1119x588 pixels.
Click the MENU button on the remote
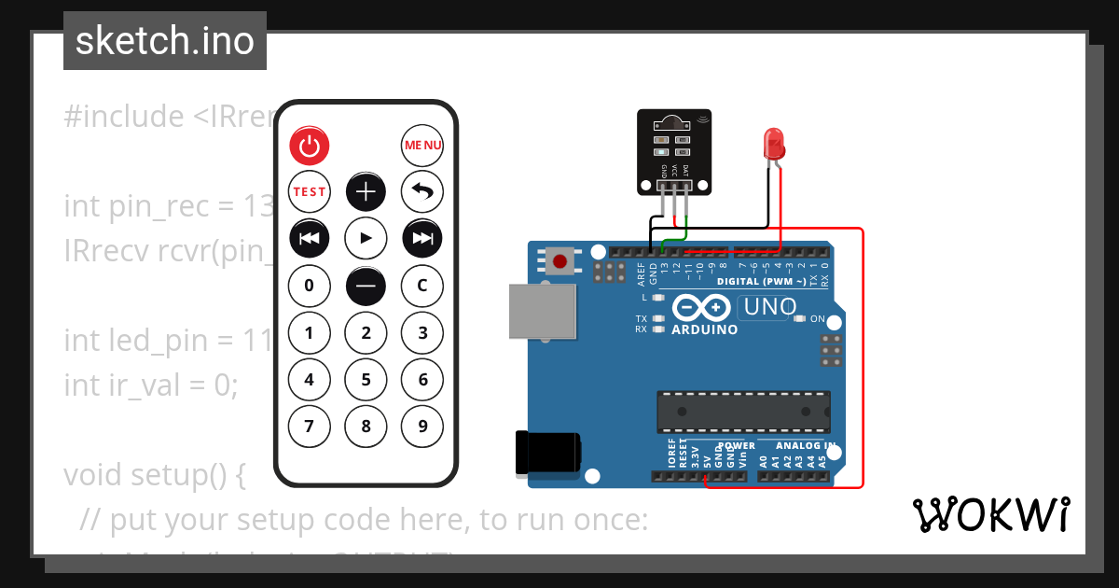click(422, 146)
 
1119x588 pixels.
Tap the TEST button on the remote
click(310, 192)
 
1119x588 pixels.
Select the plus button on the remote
click(366, 192)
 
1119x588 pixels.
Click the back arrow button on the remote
click(422, 192)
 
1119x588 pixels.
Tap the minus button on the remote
click(366, 285)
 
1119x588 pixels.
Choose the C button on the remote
click(422, 285)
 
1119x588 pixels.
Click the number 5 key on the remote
click(366, 380)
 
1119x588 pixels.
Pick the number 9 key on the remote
click(422, 427)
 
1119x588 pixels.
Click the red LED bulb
click(774, 143)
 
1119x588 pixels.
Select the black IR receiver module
click(673, 149)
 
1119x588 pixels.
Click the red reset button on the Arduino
click(561, 260)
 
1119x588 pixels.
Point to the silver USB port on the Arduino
click(542, 310)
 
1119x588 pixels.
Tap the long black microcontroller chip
click(743, 409)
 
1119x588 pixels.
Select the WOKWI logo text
click(991, 514)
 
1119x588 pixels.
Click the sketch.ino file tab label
click(165, 41)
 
